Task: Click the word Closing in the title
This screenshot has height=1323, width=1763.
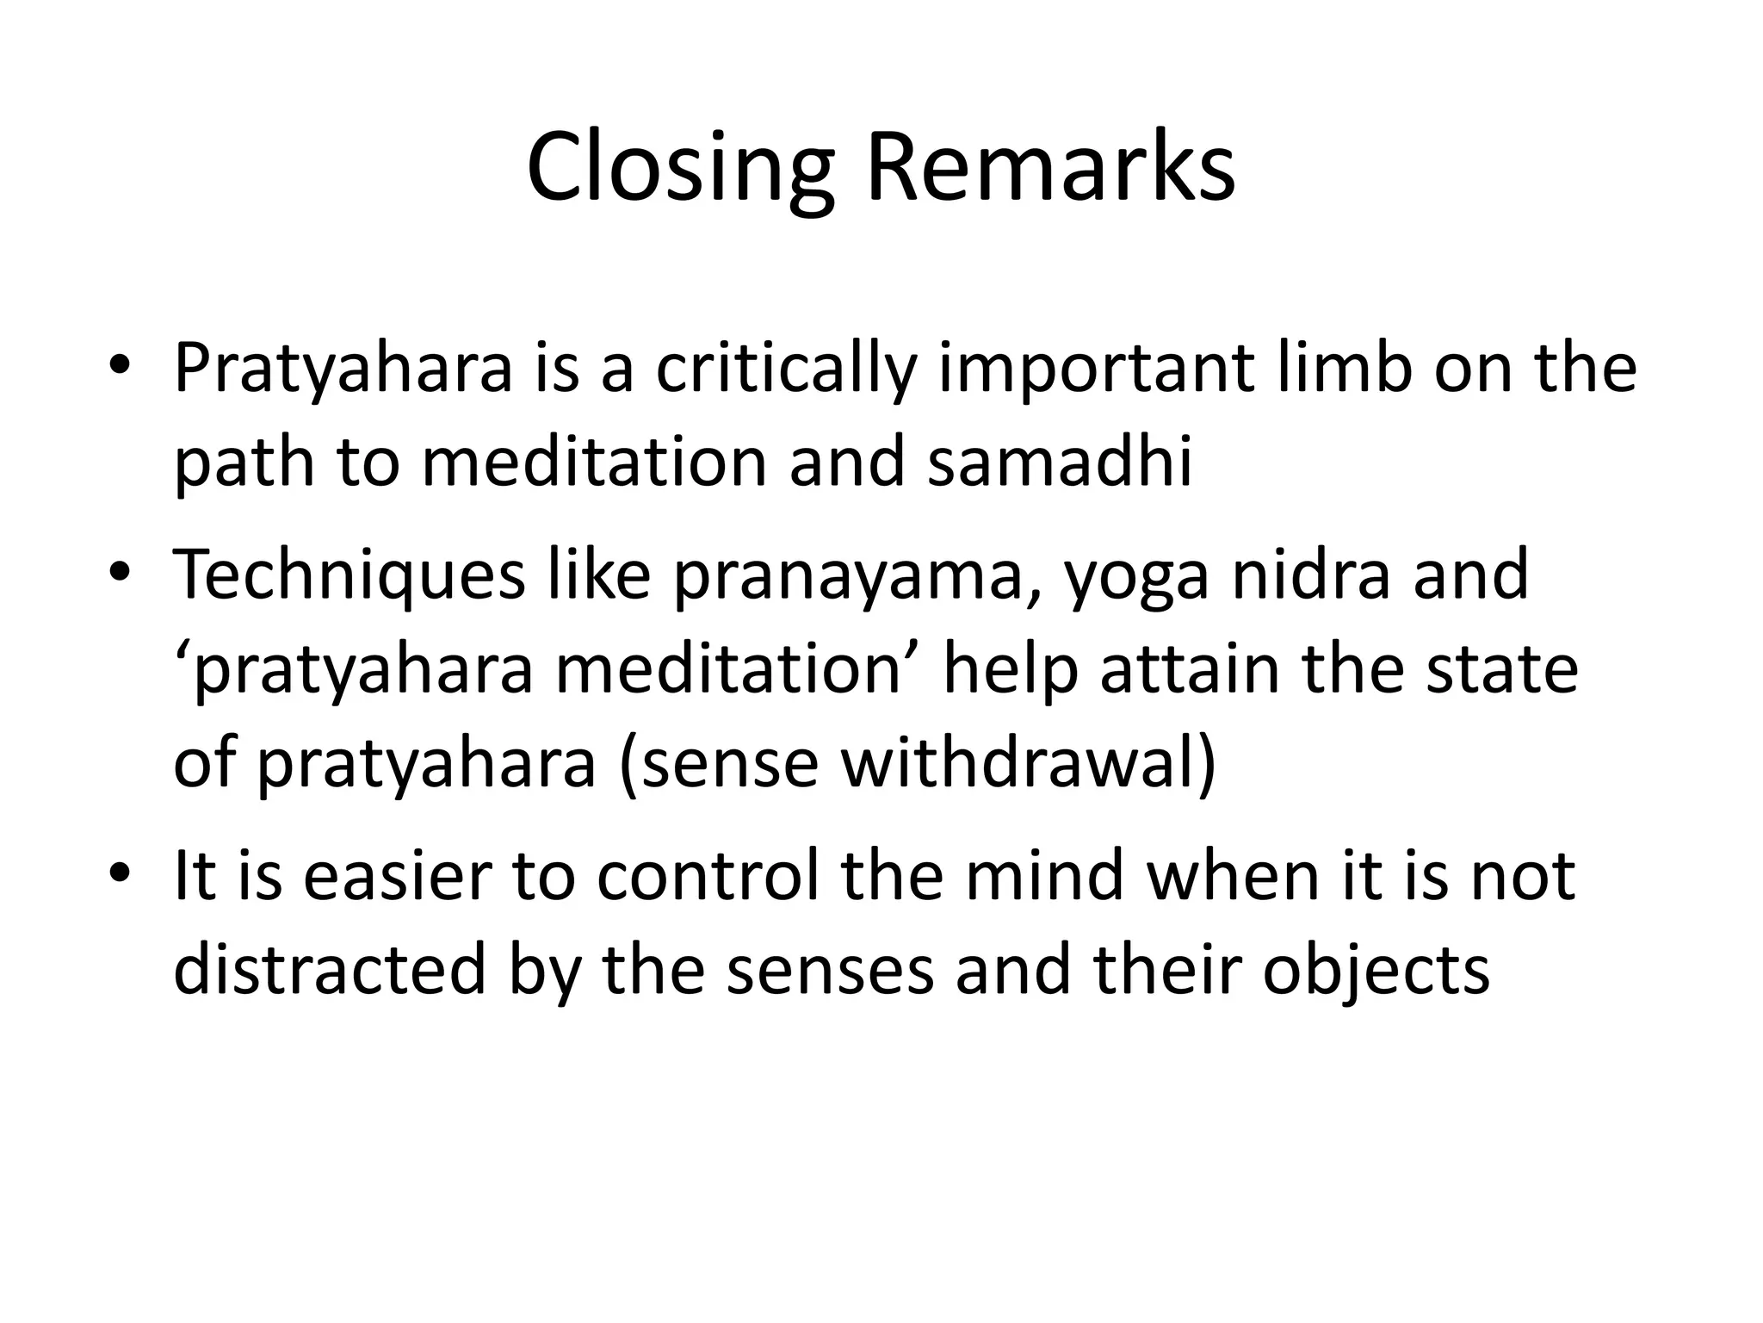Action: [680, 168]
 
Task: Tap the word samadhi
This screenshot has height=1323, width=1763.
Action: [1060, 463]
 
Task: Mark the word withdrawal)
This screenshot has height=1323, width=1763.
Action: [1029, 763]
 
